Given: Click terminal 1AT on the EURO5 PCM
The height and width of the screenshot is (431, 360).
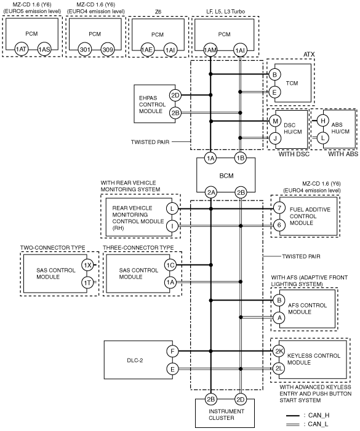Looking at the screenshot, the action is tap(21, 49).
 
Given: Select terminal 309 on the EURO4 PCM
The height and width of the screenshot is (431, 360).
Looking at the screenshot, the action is tap(107, 49).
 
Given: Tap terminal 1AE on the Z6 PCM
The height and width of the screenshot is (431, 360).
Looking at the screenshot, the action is tap(147, 50).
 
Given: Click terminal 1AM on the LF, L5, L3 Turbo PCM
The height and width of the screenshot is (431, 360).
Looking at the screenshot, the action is tap(210, 50).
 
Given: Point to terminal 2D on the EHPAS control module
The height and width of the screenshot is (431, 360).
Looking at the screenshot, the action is tap(175, 95).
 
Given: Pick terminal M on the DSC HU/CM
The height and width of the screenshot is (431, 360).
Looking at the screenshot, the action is tap(275, 121).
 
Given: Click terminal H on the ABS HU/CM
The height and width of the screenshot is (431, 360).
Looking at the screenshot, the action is tap(323, 121).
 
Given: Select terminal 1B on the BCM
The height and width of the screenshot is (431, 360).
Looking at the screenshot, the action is tap(241, 158).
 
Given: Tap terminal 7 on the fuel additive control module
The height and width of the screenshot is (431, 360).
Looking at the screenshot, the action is tap(279, 208).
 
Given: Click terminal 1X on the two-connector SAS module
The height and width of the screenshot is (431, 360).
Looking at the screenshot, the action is tap(87, 265).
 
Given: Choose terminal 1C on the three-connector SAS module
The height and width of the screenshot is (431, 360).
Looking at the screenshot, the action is tap(170, 265).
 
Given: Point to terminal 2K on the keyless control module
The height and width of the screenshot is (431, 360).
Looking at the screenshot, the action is tap(279, 351).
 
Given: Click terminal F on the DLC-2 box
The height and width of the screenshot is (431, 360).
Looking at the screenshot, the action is tap(172, 351).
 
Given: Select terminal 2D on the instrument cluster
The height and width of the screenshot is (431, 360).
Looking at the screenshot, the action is tap(241, 400).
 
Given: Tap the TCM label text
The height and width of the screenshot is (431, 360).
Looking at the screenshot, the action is tap(292, 83).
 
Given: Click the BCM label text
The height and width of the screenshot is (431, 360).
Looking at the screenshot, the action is tap(226, 176).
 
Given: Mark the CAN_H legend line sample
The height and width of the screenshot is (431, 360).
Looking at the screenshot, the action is tap(293, 416).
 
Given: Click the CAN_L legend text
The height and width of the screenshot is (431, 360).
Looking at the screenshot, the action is tap(319, 424).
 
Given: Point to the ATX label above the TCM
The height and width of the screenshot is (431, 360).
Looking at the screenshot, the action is tap(309, 55).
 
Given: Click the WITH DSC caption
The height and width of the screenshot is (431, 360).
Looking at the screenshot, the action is tap(294, 154).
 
